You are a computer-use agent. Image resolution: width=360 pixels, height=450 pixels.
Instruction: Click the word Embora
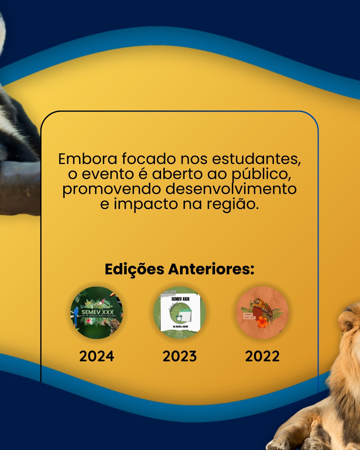tap(88, 159)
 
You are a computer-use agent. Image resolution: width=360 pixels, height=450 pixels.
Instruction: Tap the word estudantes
tap(256, 159)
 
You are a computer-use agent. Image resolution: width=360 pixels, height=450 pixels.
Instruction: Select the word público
tap(261, 174)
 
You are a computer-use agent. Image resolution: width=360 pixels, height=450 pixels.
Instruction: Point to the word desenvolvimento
tap(231, 189)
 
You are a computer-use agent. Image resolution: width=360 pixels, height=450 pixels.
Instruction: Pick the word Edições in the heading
tap(134, 269)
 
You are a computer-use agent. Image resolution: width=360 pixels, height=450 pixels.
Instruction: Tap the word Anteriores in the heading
tap(211, 269)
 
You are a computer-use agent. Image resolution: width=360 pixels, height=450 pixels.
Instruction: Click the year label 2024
tap(97, 356)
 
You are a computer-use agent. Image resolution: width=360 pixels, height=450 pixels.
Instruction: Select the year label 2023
tap(180, 356)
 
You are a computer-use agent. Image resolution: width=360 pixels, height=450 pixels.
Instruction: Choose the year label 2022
tap(262, 356)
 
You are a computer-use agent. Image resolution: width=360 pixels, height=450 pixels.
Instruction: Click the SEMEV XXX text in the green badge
tap(98, 312)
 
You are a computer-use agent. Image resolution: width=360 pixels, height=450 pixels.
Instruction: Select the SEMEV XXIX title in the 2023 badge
tap(180, 299)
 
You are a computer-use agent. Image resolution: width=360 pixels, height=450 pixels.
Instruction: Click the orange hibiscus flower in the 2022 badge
tap(263, 322)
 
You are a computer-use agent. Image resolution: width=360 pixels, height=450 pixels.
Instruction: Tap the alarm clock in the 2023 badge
tap(179, 318)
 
